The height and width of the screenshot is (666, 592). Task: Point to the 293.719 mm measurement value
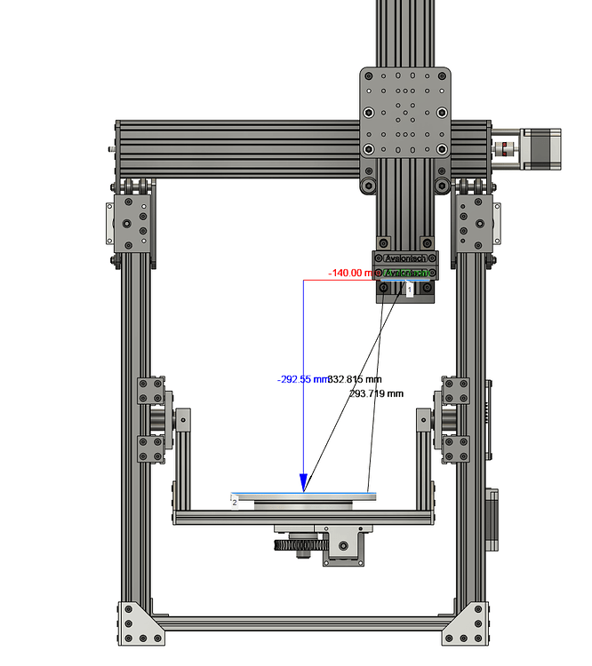click(376, 392)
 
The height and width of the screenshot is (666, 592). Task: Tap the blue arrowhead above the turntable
click(304, 483)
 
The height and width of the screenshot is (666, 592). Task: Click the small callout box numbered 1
click(409, 289)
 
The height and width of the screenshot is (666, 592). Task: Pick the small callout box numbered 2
click(235, 502)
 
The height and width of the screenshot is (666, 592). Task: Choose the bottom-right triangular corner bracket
click(468, 625)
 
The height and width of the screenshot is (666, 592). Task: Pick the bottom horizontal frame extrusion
click(302, 623)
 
